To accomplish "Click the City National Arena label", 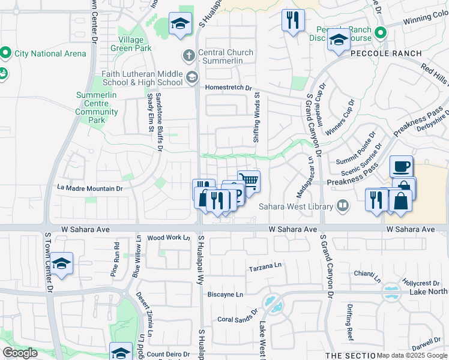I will [x=50, y=53].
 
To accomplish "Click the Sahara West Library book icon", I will [x=343, y=206].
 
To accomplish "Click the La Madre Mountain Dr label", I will [x=90, y=188].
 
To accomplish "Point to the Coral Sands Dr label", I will [x=237, y=320].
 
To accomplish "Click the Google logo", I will [x=20, y=352].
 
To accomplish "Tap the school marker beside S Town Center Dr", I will [x=61, y=263].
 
